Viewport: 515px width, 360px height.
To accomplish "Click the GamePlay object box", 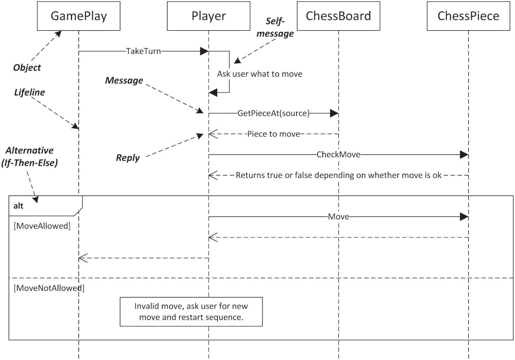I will click(x=79, y=16).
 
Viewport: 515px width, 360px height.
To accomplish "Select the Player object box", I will click(x=208, y=16).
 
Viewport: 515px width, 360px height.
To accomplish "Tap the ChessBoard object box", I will click(x=338, y=16).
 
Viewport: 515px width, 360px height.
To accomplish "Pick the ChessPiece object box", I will click(x=468, y=16).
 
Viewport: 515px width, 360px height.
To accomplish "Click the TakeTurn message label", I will click(x=143, y=51).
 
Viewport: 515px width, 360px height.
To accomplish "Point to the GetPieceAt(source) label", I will click(x=273, y=113).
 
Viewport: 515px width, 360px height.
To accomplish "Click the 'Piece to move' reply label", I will click(x=273, y=134).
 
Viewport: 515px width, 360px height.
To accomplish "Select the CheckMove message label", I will click(x=338, y=155).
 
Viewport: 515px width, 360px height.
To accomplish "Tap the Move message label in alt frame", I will click(x=338, y=217).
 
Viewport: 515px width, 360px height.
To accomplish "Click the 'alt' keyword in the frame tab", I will click(x=19, y=206).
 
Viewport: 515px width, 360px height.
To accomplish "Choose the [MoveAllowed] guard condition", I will click(x=42, y=226).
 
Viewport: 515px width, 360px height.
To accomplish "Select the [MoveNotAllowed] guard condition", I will click(x=49, y=288).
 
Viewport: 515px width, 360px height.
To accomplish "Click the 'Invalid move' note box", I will click(x=191, y=312).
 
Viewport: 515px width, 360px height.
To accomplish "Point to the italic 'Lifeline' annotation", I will click(x=29, y=93).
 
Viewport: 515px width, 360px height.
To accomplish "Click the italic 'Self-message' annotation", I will click(x=275, y=27).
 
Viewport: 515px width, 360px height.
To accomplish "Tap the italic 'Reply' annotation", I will click(x=128, y=158).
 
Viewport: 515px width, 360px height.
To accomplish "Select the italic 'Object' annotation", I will click(x=27, y=68).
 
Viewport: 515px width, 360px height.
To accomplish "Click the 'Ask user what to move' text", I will click(x=259, y=74).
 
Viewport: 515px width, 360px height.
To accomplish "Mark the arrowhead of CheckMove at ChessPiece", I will click(x=464, y=155).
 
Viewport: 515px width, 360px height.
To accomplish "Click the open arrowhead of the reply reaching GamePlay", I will click(x=82, y=258).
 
